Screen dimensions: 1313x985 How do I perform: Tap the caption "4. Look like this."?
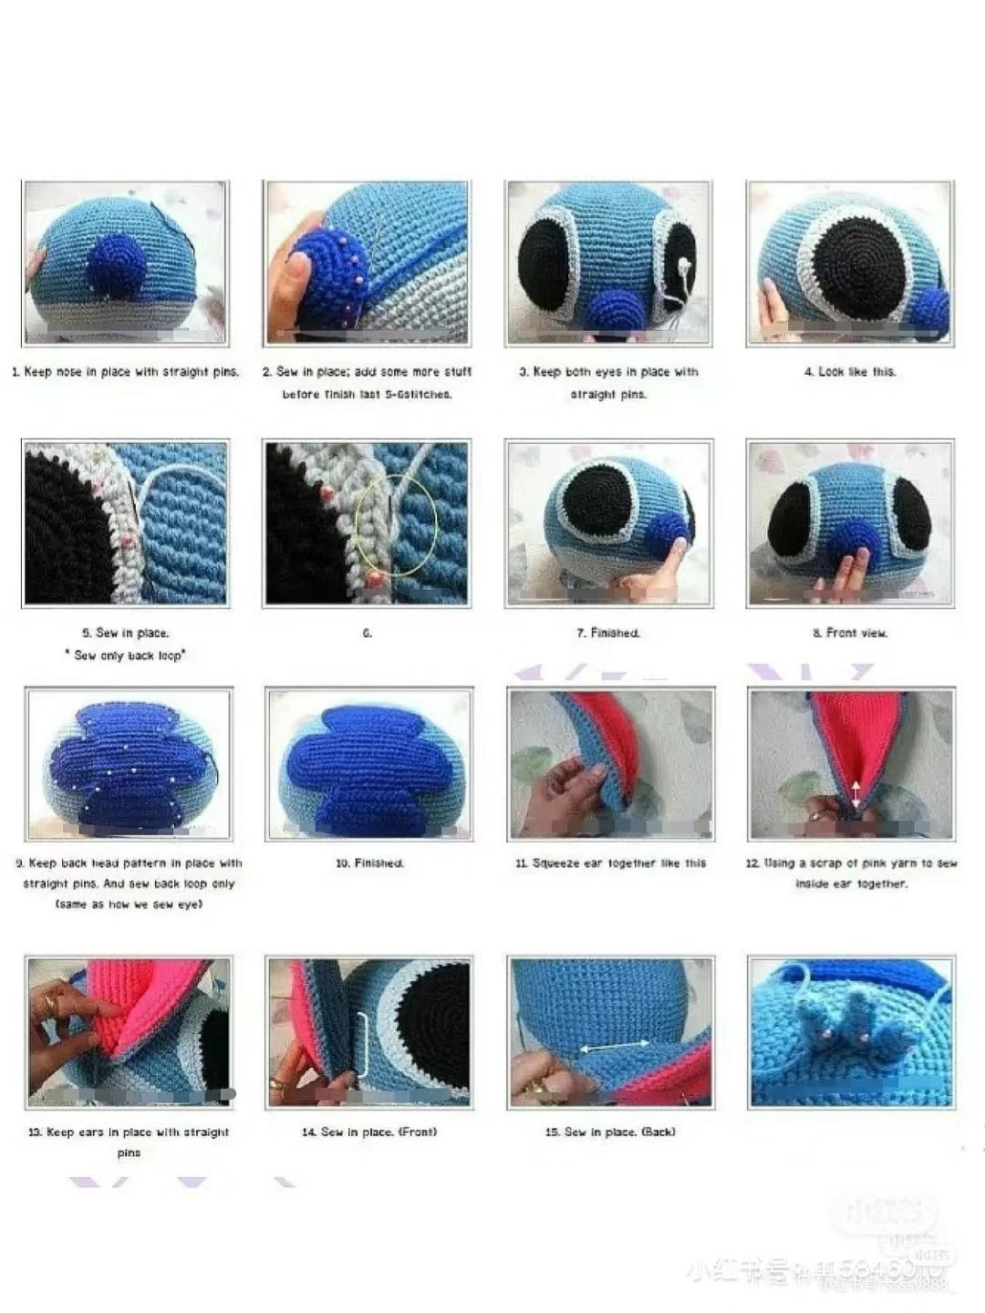click(x=850, y=372)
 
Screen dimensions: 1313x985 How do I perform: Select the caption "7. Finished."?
click(x=608, y=633)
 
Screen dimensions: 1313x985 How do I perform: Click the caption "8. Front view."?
click(x=850, y=633)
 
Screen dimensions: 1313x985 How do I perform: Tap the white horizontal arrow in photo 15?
click(x=610, y=1049)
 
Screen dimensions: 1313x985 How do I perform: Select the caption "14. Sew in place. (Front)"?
click(x=369, y=1132)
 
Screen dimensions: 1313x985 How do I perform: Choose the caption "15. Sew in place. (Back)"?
click(x=610, y=1132)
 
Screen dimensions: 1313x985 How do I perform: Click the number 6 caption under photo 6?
click(x=367, y=633)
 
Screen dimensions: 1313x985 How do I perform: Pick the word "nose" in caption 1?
click(x=68, y=372)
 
